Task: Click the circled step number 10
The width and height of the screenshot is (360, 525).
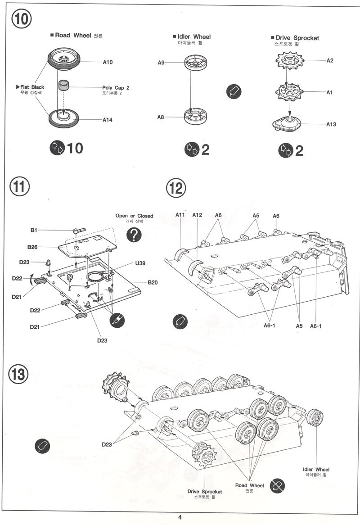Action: click(22, 18)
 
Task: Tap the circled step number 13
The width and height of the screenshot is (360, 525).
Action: click(18, 374)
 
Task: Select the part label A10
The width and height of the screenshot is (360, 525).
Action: click(108, 62)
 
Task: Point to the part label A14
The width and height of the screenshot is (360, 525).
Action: click(108, 120)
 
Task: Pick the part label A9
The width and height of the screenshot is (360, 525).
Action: click(161, 63)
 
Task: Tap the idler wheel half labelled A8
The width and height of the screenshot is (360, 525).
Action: click(195, 116)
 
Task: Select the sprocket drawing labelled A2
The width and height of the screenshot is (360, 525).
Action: click(290, 61)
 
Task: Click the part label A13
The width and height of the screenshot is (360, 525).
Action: click(331, 124)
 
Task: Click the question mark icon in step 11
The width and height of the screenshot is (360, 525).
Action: click(134, 235)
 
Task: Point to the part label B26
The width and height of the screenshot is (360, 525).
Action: click(32, 247)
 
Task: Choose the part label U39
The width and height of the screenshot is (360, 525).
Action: click(140, 263)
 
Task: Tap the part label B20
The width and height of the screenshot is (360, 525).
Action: click(153, 282)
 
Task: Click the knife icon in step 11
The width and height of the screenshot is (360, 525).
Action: click(117, 321)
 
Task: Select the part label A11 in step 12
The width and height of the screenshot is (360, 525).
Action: click(180, 215)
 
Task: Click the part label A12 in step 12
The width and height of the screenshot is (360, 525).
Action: click(197, 215)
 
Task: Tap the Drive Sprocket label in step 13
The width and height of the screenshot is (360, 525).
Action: click(204, 492)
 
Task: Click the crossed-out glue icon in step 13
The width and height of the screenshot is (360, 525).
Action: click(277, 486)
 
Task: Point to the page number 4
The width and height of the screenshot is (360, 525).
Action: click(180, 517)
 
